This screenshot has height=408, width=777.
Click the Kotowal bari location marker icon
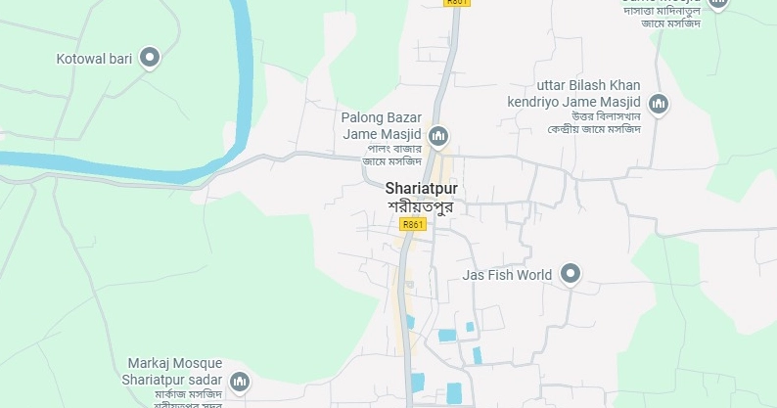pos(150,58)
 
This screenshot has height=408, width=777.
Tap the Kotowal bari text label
pos(94,59)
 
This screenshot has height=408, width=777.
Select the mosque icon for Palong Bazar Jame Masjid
pos(439,134)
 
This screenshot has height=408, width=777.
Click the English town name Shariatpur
pos(422,189)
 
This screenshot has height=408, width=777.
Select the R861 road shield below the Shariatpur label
pos(413,224)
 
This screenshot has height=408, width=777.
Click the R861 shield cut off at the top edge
pos(457,3)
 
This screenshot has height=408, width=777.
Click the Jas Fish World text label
pos(507,275)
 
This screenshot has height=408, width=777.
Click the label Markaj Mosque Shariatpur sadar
pos(172,372)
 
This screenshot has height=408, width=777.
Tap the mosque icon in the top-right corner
pos(718,4)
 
